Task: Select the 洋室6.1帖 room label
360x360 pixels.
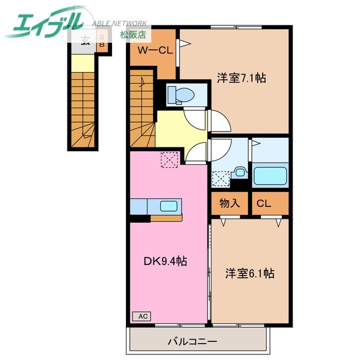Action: (249, 273)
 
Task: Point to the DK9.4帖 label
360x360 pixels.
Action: (165, 261)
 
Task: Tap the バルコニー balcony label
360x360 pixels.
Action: (192, 341)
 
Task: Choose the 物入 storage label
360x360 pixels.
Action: (229, 203)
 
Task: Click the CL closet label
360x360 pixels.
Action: (264, 203)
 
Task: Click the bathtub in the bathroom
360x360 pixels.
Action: (271, 175)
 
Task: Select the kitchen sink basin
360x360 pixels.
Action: (169, 205)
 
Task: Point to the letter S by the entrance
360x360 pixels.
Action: (102, 34)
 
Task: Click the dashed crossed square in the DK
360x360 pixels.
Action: (169, 160)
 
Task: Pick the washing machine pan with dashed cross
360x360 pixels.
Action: (222, 179)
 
